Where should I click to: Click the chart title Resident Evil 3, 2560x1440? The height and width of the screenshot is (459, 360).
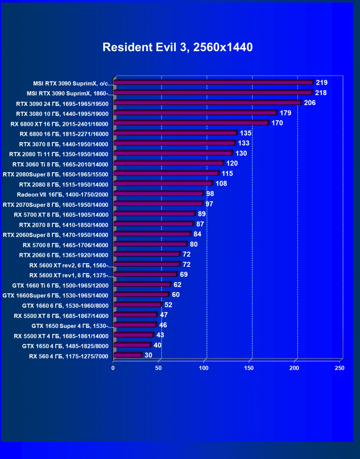pos(178,47)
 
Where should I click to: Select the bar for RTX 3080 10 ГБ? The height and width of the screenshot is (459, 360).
pos(195,113)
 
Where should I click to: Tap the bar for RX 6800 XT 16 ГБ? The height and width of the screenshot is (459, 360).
pos(191,123)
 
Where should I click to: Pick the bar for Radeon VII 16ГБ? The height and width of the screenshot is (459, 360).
pos(158,194)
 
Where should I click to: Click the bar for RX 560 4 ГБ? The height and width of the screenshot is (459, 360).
pos(127,355)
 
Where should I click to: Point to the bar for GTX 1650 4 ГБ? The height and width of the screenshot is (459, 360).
pos(132,345)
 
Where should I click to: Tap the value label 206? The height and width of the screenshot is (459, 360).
pos(310,103)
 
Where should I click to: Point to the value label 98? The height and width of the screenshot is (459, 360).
pos(210,194)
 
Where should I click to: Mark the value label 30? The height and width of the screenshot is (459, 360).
pos(149,355)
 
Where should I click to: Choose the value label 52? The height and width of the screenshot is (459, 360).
pos(169,305)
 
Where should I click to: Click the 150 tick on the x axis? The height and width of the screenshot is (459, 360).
pos(249,368)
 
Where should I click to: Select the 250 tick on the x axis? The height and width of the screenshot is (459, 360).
pos(340,368)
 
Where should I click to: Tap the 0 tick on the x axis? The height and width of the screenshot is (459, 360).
pos(113,368)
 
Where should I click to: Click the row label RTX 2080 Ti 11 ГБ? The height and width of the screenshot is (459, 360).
pos(59,154)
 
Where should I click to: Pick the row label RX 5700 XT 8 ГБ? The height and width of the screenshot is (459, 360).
pos(65,214)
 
